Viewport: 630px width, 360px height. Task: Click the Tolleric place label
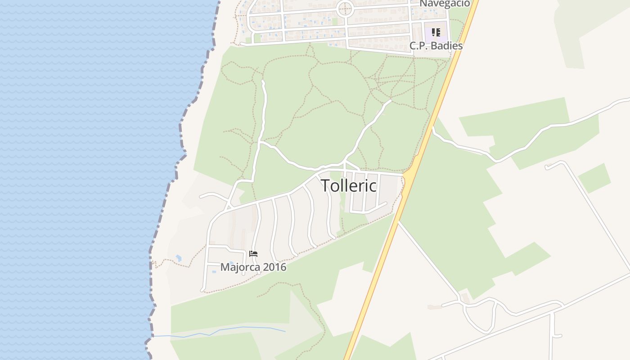(349, 185)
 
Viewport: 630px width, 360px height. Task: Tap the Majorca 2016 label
(253, 267)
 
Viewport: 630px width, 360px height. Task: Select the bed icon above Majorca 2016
(253, 254)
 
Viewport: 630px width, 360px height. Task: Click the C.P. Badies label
(436, 45)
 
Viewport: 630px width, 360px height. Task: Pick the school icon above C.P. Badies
(436, 32)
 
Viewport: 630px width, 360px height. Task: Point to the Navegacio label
(445, 4)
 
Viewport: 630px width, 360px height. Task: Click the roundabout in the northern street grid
(345, 8)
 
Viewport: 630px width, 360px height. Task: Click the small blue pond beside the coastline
(179, 258)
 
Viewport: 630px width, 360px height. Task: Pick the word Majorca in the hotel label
(235, 267)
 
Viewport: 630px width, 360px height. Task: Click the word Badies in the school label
(447, 45)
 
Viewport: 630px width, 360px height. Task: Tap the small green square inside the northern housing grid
(335, 21)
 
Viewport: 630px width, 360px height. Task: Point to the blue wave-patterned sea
(81, 180)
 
